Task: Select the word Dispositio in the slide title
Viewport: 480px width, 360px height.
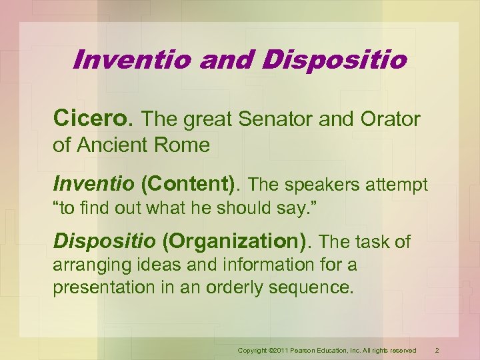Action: point(336,60)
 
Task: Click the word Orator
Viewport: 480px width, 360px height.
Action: point(388,120)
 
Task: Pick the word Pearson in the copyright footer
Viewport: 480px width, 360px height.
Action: point(301,351)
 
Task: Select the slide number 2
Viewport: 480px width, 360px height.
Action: point(437,350)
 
